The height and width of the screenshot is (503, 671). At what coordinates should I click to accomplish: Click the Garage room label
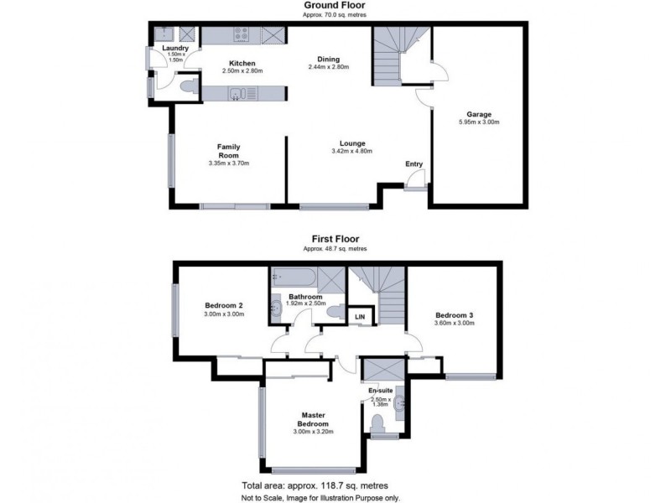478,114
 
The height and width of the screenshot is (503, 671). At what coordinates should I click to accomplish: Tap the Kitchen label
242,64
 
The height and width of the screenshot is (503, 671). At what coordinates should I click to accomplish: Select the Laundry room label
175,49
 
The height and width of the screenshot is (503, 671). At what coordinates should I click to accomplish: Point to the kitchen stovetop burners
242,34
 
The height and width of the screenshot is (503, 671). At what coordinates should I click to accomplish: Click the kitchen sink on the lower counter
236,93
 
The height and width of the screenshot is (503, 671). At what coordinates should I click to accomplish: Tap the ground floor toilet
190,86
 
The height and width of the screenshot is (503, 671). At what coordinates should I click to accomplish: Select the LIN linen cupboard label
360,317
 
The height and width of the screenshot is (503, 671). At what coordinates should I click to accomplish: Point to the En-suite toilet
377,423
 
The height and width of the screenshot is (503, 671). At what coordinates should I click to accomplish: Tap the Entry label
414,163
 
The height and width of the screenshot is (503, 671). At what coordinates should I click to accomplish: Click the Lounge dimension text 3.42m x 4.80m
351,151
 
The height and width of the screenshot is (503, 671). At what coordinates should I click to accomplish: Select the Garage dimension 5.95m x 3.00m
479,122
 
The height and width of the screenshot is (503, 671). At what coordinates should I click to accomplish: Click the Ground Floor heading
335,6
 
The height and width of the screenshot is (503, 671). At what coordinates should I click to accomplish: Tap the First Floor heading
335,239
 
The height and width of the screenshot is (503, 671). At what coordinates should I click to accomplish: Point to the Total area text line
315,485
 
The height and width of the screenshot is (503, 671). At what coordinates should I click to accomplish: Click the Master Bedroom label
313,419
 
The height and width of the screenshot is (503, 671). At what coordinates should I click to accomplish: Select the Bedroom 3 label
454,315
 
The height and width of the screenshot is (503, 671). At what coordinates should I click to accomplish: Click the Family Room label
228,151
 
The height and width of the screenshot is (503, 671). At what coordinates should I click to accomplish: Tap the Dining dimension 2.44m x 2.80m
328,67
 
